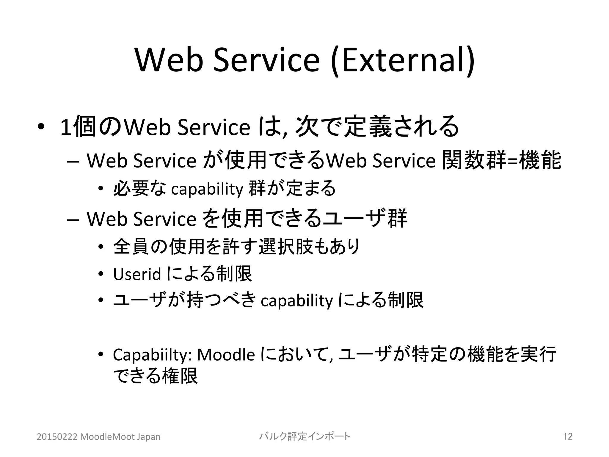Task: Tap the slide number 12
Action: (x=568, y=436)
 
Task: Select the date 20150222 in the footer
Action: (x=57, y=437)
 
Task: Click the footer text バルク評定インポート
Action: (x=305, y=436)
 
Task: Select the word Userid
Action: (x=137, y=274)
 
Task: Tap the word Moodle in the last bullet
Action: (x=226, y=354)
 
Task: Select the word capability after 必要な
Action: (x=207, y=189)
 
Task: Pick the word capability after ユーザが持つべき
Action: (x=296, y=301)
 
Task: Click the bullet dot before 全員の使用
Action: (x=101, y=247)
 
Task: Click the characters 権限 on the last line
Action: (x=180, y=376)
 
